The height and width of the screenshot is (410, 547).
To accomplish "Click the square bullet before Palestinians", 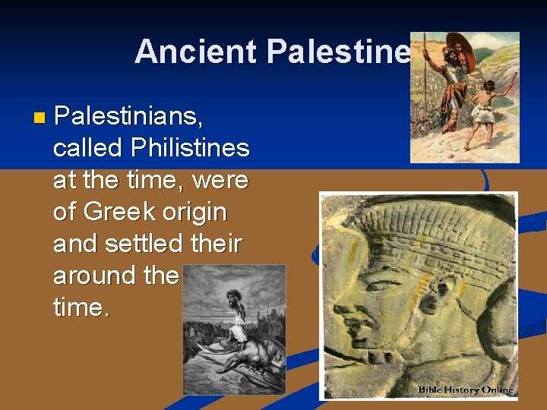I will [x=40, y=118].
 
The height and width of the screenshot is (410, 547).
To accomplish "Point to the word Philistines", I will [x=190, y=147].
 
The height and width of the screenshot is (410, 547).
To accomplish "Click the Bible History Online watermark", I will [x=465, y=389].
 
